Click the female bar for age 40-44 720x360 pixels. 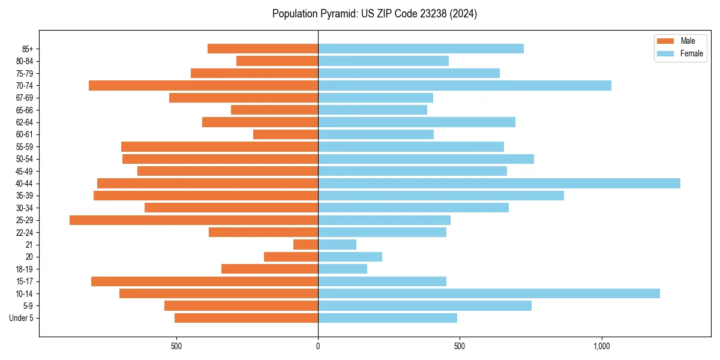click(499, 184)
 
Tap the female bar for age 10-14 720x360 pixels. click(488, 293)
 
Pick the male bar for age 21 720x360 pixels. click(305, 245)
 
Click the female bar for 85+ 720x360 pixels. click(421, 49)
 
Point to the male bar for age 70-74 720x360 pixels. click(203, 86)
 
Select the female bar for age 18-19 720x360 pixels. click(343, 269)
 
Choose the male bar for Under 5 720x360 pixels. click(246, 318)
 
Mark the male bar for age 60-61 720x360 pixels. click(286, 134)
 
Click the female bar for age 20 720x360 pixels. click(350, 257)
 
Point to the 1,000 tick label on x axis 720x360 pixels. click(601, 346)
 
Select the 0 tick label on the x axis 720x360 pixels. click(318, 346)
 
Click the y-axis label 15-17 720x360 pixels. click(25, 281)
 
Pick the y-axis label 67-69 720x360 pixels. click(25, 98)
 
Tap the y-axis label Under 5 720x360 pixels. click(22, 318)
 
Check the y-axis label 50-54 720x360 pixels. click(25, 159)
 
